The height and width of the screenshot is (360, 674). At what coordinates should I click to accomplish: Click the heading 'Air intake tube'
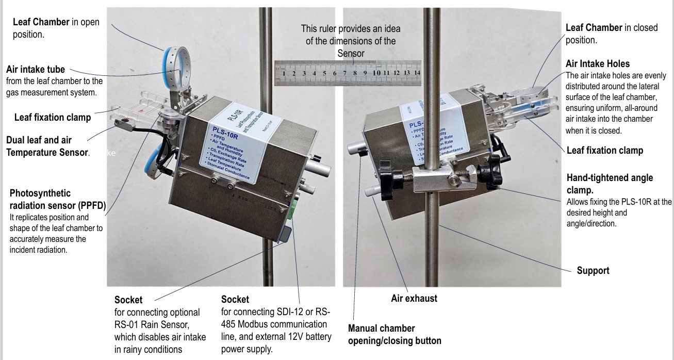pos(36,70)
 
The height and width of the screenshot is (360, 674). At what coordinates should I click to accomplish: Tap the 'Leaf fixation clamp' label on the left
pos(53,118)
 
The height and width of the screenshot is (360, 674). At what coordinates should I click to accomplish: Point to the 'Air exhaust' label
pos(414,298)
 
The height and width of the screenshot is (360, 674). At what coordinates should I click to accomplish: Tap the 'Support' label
pos(593,270)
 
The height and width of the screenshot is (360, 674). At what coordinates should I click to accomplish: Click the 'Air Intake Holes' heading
pos(598,64)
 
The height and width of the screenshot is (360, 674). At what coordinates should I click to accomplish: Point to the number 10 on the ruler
pos(376,73)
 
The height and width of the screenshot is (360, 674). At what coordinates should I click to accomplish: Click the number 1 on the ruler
pos(283,73)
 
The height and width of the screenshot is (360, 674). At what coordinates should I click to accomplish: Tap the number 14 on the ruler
pos(417,73)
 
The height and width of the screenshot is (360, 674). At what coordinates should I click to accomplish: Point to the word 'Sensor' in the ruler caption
pos(351,53)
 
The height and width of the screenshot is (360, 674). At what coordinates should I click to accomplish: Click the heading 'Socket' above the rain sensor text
pos(128,300)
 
